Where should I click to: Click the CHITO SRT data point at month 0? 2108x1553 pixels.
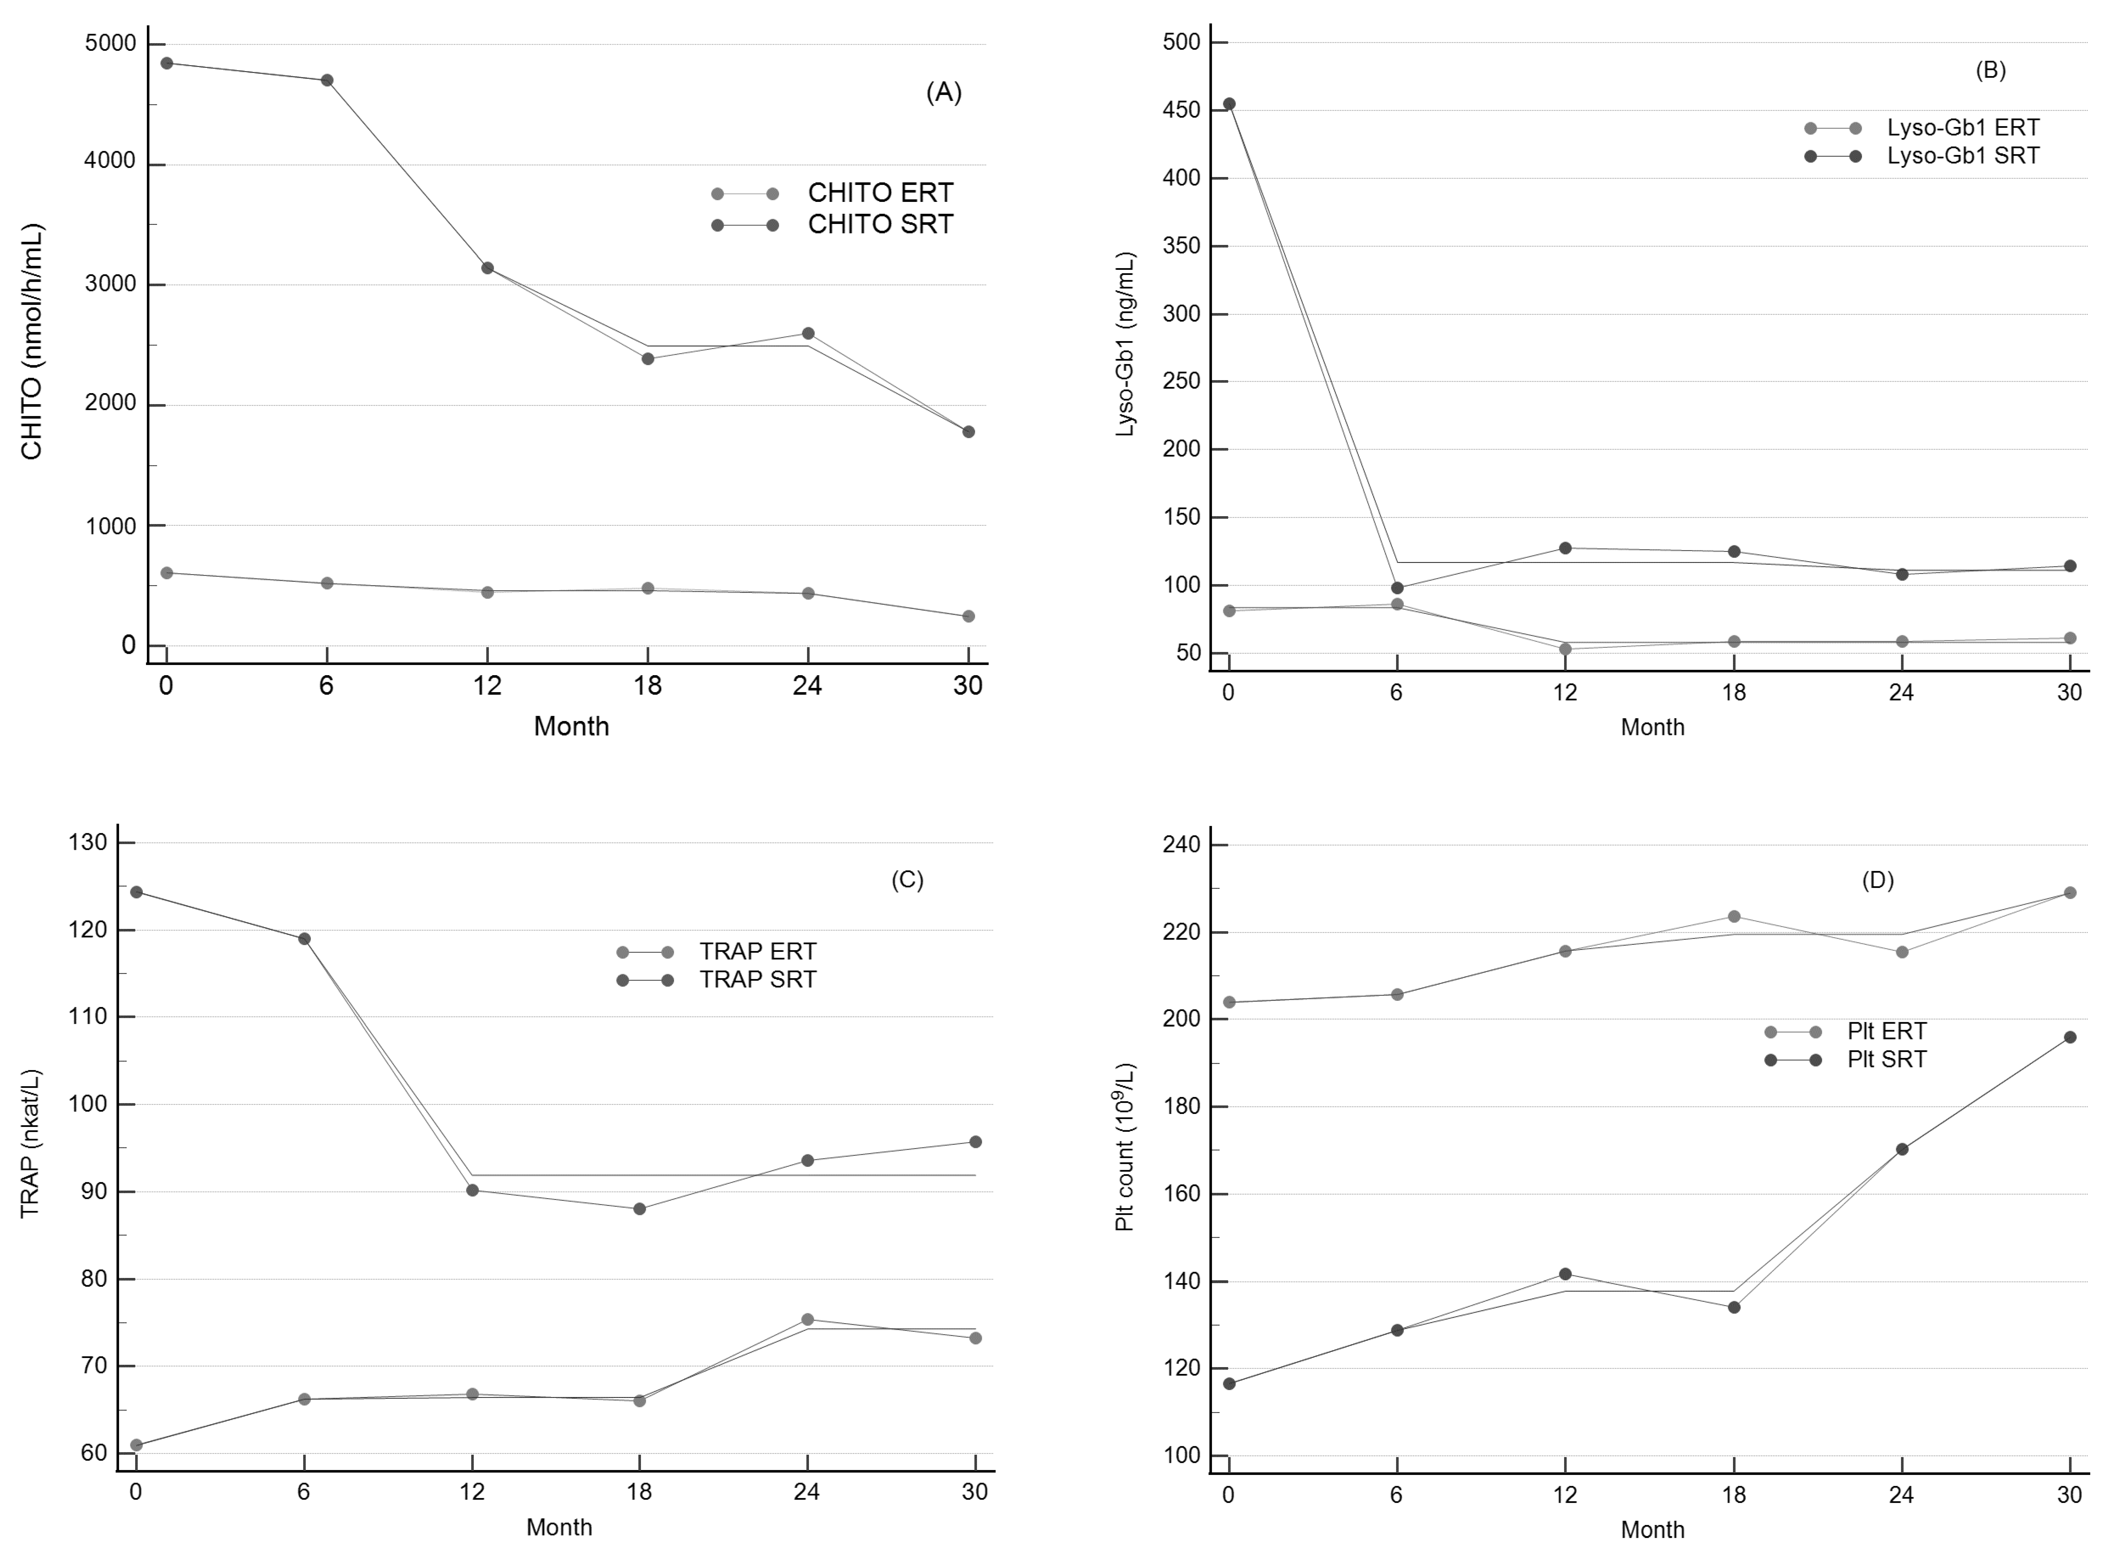pos(166,63)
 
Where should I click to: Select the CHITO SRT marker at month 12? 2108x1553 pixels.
pos(487,268)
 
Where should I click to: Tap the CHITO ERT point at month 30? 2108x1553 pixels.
pos(968,617)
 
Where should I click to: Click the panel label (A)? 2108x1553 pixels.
pos(944,92)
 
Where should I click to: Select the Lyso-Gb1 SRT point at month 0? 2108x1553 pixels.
pos(1228,104)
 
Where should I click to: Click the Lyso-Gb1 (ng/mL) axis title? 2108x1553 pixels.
pos(1125,344)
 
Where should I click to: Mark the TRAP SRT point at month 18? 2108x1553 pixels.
pos(639,1209)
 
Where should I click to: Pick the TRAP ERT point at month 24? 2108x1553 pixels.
pos(806,1320)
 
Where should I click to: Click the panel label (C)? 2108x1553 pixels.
pos(907,880)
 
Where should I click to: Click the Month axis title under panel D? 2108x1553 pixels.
pos(1652,1529)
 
